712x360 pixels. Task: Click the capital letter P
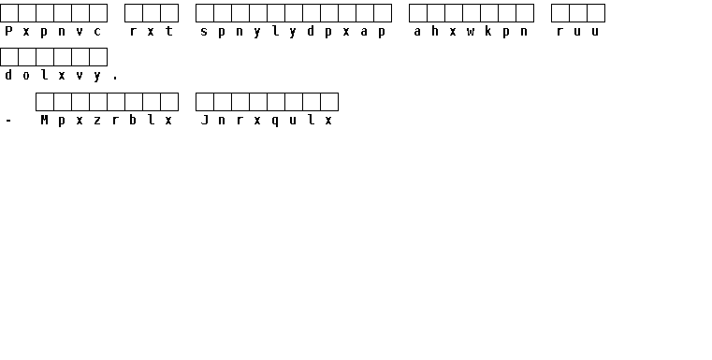pyautogui.click(x=8, y=31)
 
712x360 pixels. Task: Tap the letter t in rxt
pyautogui.click(x=169, y=31)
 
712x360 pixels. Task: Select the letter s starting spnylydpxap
pyautogui.click(x=204, y=31)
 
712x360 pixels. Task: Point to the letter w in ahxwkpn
pyautogui.click(x=471, y=31)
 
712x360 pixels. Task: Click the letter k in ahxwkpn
pyautogui.click(x=488, y=31)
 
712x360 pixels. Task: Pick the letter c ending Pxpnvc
pyautogui.click(x=97, y=31)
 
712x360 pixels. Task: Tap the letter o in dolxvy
pyautogui.click(x=26, y=76)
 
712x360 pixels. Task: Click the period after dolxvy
pyautogui.click(x=115, y=79)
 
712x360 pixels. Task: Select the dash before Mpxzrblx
pyautogui.click(x=8, y=121)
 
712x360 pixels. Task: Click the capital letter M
pyautogui.click(x=44, y=120)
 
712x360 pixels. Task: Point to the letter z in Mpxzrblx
pyautogui.click(x=97, y=121)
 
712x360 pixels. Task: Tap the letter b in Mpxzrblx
pyautogui.click(x=133, y=120)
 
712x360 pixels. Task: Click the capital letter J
pyautogui.click(x=204, y=120)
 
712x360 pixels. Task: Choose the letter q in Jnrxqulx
pyautogui.click(x=275, y=122)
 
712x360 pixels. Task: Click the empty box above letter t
pyautogui.click(x=169, y=13)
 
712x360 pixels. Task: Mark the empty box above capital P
pyautogui.click(x=9, y=13)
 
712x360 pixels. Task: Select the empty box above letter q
pyautogui.click(x=276, y=102)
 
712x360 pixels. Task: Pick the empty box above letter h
pyautogui.click(x=436, y=13)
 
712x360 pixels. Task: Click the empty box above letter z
pyautogui.click(x=98, y=102)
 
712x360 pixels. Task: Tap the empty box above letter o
pyautogui.click(x=27, y=57)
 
